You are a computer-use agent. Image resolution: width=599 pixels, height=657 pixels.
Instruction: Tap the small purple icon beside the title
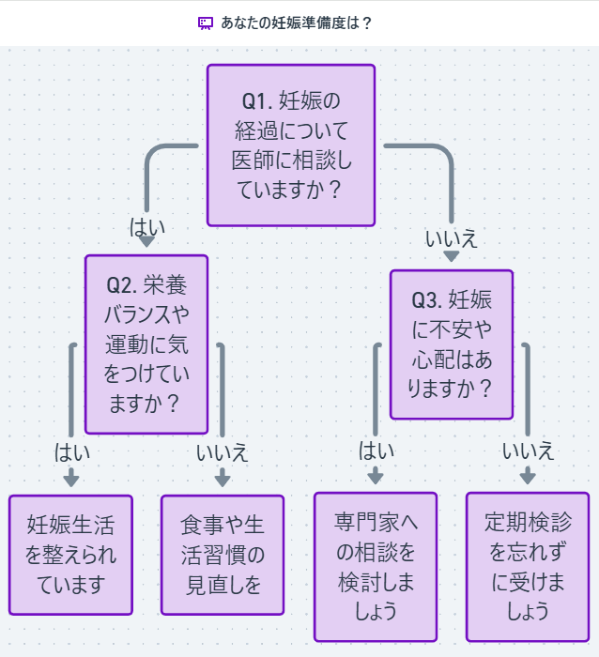pos(206,23)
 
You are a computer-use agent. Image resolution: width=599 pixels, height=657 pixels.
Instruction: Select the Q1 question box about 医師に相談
pos(290,145)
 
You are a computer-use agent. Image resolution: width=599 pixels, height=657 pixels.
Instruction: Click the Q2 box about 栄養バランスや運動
pos(146,344)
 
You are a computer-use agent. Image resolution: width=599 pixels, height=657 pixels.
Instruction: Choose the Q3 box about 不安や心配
pos(452,344)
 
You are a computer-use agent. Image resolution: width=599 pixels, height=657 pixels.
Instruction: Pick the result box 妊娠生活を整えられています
pos(71,554)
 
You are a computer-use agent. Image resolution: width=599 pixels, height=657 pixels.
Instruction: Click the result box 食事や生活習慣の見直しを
pos(223,554)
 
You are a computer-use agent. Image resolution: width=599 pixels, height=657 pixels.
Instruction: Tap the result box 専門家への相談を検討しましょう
pos(376,566)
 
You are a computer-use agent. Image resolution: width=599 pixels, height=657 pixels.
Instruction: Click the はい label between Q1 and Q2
pos(146,226)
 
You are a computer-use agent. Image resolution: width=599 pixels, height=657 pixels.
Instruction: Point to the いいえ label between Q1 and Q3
pos(452,237)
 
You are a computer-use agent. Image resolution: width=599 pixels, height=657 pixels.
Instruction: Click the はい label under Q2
pos(72,451)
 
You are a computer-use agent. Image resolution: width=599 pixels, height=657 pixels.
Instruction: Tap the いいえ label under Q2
pos(223,451)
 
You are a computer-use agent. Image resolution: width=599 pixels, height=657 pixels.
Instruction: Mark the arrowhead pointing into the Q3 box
pos(452,257)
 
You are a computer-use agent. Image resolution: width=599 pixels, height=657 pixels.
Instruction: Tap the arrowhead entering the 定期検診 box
pos(528,479)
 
